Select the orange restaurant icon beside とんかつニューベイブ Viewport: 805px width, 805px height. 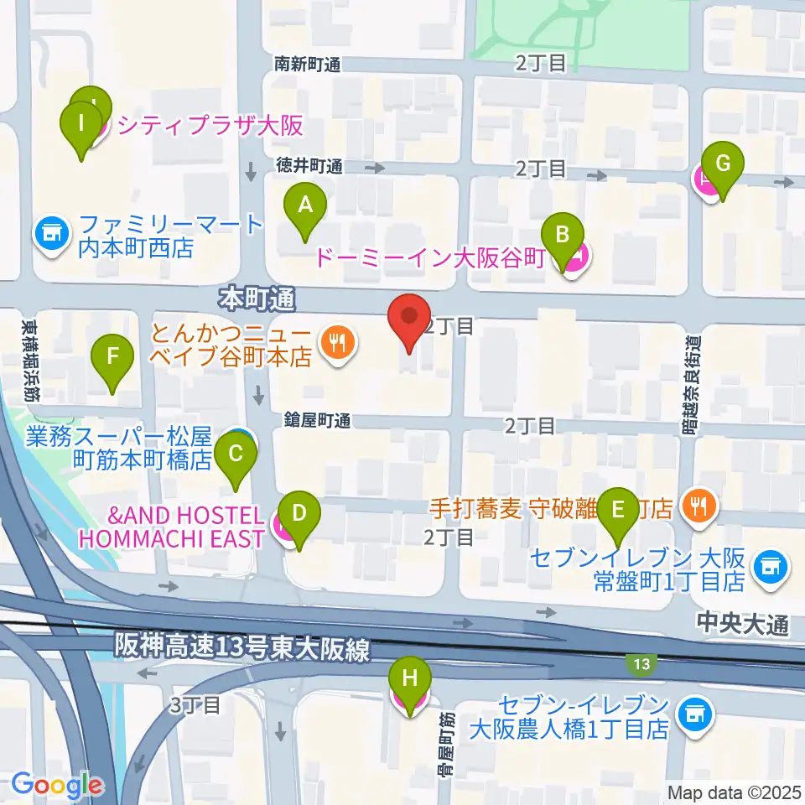(338, 341)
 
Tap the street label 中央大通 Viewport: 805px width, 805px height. (742, 623)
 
